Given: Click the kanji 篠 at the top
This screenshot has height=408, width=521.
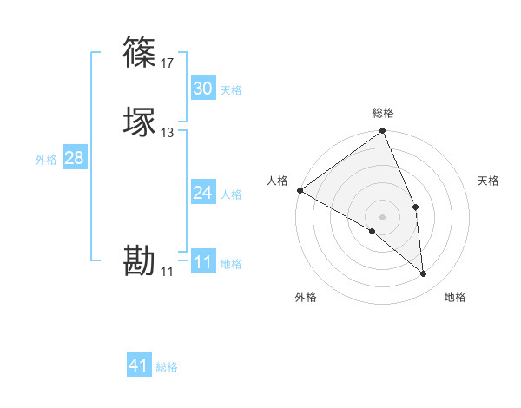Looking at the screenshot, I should pos(139,52).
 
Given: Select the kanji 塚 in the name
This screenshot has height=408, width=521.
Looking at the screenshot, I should pos(139,122).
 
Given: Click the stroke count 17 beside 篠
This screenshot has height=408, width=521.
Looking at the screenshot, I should pos(167,63).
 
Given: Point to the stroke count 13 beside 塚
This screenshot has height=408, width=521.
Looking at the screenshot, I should pos(167,133).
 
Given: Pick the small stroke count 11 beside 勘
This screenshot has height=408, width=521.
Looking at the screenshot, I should pos(167,272).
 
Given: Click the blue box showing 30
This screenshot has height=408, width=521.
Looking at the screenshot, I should pos(202,89).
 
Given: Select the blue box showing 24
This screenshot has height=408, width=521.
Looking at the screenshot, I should pos(202,193).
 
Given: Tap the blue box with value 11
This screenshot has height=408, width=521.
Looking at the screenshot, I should pos(202,262).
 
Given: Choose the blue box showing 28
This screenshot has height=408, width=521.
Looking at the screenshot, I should pos(74,158).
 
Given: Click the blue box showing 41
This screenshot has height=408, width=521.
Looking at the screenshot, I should pos(139,365).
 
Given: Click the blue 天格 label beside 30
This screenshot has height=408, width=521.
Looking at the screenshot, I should pos(231,90).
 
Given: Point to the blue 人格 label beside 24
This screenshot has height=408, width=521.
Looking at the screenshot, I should pos(231,194).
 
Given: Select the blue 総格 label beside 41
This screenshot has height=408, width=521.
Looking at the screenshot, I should pos(167,367).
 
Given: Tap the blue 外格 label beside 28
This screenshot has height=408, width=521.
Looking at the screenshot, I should pos(46,160).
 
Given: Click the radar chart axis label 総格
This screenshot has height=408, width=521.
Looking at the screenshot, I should pos(383,113).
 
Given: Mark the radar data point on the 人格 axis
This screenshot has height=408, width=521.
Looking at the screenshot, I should pos(300,190).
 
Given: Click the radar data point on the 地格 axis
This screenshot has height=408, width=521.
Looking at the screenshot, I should pos(423,274).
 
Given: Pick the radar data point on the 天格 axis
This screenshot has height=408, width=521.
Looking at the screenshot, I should pos(415,207).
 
